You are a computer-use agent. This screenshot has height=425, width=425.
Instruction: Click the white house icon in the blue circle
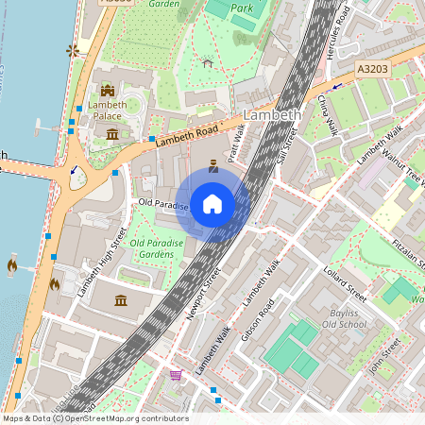point(212,204)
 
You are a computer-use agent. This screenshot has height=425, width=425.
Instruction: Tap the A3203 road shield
point(373,70)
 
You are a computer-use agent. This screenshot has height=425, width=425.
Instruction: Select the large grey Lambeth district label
point(272,114)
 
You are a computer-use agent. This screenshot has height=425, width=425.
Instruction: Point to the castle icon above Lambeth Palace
point(107,91)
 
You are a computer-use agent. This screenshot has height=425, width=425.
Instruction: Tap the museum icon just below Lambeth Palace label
point(112,133)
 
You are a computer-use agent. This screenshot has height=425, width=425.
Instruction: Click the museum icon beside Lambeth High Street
point(122,300)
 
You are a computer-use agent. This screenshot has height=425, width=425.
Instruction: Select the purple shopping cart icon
point(175,375)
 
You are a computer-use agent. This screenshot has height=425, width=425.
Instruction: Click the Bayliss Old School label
point(347,318)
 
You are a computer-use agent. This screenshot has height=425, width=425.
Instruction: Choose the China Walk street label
point(326,115)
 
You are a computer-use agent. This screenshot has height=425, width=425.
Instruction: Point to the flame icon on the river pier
point(12,266)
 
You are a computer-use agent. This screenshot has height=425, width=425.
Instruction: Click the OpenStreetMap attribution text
point(94,418)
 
